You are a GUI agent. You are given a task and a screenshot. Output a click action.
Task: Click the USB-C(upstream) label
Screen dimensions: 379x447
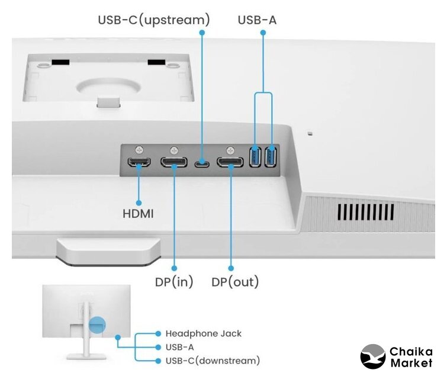click(x=153, y=20)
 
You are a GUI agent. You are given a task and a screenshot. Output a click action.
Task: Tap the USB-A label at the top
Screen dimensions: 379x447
click(x=257, y=20)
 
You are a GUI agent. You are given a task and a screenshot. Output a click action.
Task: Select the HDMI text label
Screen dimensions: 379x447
click(x=137, y=213)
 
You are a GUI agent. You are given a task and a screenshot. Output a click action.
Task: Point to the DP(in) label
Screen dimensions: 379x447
click(x=174, y=281)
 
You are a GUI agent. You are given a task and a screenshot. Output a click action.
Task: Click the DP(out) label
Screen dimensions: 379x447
click(x=235, y=281)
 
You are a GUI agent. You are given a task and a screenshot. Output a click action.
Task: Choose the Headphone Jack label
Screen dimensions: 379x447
click(x=203, y=333)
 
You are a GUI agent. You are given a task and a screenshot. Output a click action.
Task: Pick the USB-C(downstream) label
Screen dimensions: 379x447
click(x=212, y=360)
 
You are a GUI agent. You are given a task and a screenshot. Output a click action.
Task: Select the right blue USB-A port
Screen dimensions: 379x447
click(x=271, y=157)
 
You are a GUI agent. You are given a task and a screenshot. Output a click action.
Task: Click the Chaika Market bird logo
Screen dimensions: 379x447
click(x=373, y=356)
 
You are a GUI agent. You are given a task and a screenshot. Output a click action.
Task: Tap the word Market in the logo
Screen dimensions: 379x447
click(x=410, y=362)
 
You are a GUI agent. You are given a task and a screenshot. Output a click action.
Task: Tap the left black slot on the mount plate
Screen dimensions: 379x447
click(x=60, y=62)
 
